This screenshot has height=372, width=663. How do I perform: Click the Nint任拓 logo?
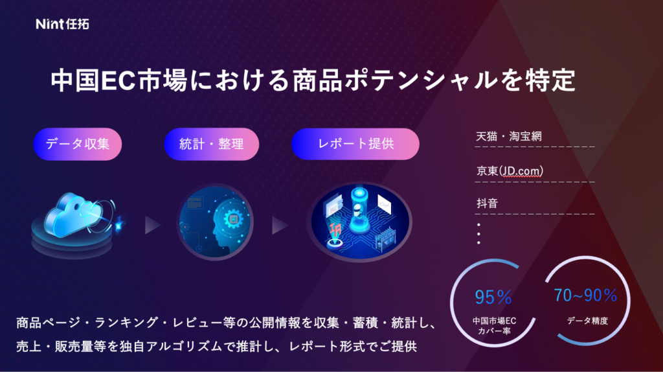click(x=63, y=25)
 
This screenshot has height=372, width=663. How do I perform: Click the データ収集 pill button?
click(x=78, y=144)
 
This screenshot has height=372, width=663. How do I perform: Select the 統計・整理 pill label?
click(x=211, y=144)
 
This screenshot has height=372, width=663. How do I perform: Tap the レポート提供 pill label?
click(x=355, y=144)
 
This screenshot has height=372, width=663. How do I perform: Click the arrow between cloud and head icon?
click(x=152, y=226)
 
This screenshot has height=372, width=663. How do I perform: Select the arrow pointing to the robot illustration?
click(x=280, y=226)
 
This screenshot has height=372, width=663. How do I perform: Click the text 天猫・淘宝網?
click(x=508, y=137)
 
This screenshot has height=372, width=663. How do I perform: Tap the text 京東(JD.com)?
click(x=510, y=171)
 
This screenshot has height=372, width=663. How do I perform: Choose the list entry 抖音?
click(x=487, y=203)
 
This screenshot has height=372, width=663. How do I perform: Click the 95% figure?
click(x=493, y=297)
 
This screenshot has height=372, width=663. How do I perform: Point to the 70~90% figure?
click(x=585, y=296)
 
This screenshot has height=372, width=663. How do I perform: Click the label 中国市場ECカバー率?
click(x=494, y=326)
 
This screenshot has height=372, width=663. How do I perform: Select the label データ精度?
click(x=585, y=321)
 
